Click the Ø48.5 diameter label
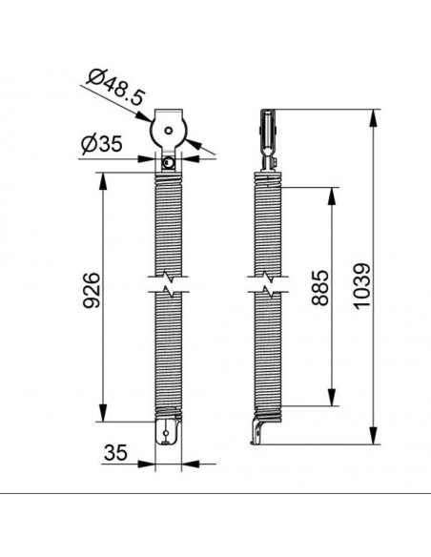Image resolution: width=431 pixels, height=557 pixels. click(x=116, y=87)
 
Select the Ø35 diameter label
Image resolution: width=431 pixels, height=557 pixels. click(x=102, y=144)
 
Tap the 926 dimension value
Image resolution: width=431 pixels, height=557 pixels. click(x=92, y=290)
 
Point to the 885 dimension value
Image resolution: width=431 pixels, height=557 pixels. click(x=319, y=288)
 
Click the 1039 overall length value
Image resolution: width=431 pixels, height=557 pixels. click(x=362, y=286)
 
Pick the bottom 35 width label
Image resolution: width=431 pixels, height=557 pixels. click(x=115, y=452)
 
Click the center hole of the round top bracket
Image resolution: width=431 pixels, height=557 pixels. click(x=169, y=130)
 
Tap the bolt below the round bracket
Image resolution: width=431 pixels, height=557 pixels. click(x=168, y=163)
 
